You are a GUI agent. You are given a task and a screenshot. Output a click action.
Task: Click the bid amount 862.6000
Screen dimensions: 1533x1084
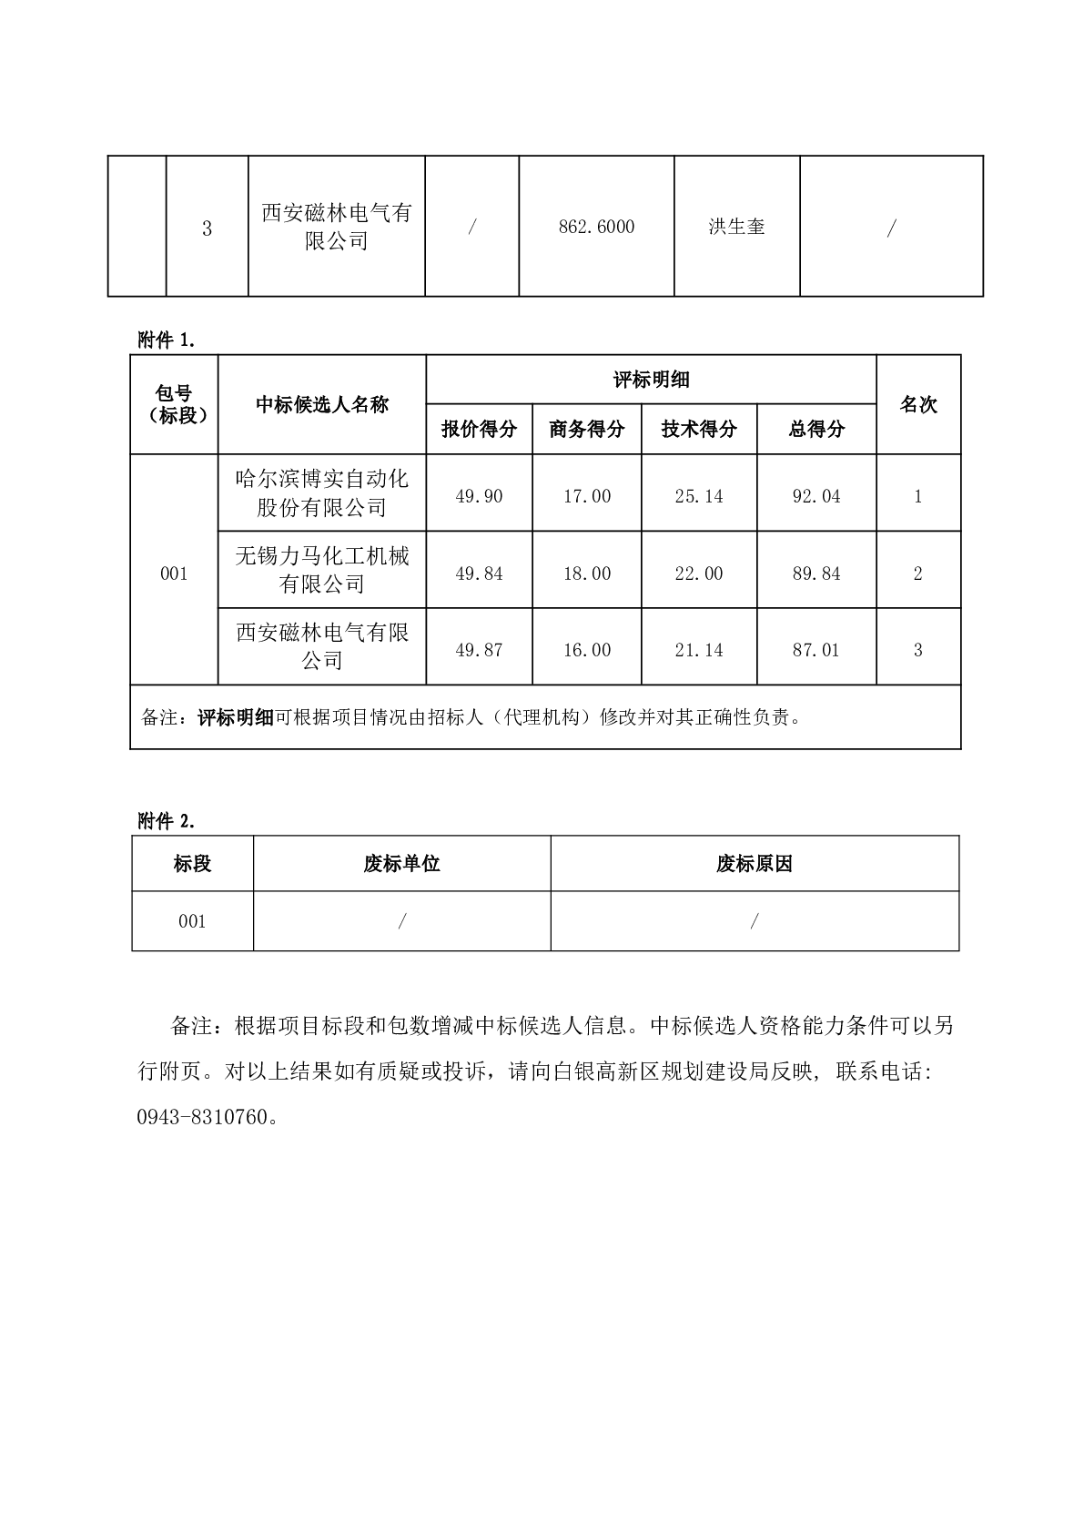[x=596, y=227]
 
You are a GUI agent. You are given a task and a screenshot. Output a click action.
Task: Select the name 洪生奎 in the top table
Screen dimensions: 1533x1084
[x=736, y=227]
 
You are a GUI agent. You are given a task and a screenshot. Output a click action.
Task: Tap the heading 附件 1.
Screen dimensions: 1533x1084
[x=167, y=340]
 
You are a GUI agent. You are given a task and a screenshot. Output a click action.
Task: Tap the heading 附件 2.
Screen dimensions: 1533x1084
[x=167, y=821]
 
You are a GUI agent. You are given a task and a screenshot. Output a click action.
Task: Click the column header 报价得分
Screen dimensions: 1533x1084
[x=479, y=429]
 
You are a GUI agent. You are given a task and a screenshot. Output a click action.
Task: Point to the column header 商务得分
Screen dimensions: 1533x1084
[x=586, y=429]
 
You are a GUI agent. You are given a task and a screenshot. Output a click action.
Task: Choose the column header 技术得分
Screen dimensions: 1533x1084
[x=698, y=429]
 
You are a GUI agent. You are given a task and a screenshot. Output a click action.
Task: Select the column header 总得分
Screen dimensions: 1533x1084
[x=816, y=429]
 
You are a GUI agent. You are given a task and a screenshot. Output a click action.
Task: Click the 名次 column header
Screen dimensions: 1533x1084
[x=917, y=404]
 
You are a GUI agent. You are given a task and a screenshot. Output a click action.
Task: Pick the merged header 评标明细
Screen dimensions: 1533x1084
[x=651, y=380]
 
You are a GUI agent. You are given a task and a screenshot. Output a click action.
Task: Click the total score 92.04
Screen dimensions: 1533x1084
[x=816, y=496]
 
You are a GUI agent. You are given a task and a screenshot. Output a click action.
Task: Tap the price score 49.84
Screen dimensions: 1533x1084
[x=479, y=574]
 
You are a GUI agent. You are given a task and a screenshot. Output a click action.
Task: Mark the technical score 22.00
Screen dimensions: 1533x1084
[x=698, y=574]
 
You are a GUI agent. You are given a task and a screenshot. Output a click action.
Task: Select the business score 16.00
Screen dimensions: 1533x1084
[x=586, y=650]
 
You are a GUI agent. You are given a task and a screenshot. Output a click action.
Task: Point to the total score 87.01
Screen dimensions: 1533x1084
[x=816, y=650]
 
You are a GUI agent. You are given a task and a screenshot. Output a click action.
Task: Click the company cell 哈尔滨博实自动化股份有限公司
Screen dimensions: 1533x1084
[x=321, y=492]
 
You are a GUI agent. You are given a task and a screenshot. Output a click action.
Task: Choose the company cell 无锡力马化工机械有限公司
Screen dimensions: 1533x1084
[x=321, y=570]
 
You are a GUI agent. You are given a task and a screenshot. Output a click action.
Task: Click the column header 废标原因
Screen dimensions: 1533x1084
[x=754, y=864]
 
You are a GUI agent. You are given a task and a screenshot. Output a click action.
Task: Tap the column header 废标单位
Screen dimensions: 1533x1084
[x=401, y=864]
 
